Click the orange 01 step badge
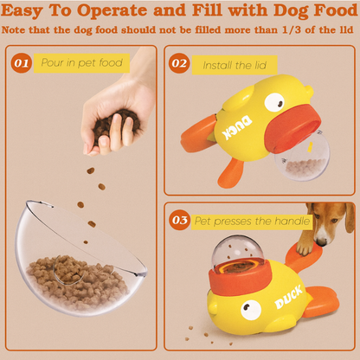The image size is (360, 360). pos(22,62)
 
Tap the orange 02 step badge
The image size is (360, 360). pos(179,63)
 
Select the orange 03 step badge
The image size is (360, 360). pos(180,220)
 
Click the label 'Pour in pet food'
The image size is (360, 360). pos(81,62)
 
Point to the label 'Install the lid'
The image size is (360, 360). pos(235,65)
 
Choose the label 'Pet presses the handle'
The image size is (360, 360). pos(252,222)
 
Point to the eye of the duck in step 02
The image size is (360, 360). pos(274,103)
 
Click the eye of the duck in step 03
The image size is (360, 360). pos(251,310)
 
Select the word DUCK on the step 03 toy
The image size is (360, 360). pos(288,297)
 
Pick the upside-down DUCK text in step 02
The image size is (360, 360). pos(237,127)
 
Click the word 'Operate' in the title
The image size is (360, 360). pos(112,10)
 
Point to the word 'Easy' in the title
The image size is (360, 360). pos(22,11)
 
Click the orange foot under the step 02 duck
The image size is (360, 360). pos(230,173)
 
